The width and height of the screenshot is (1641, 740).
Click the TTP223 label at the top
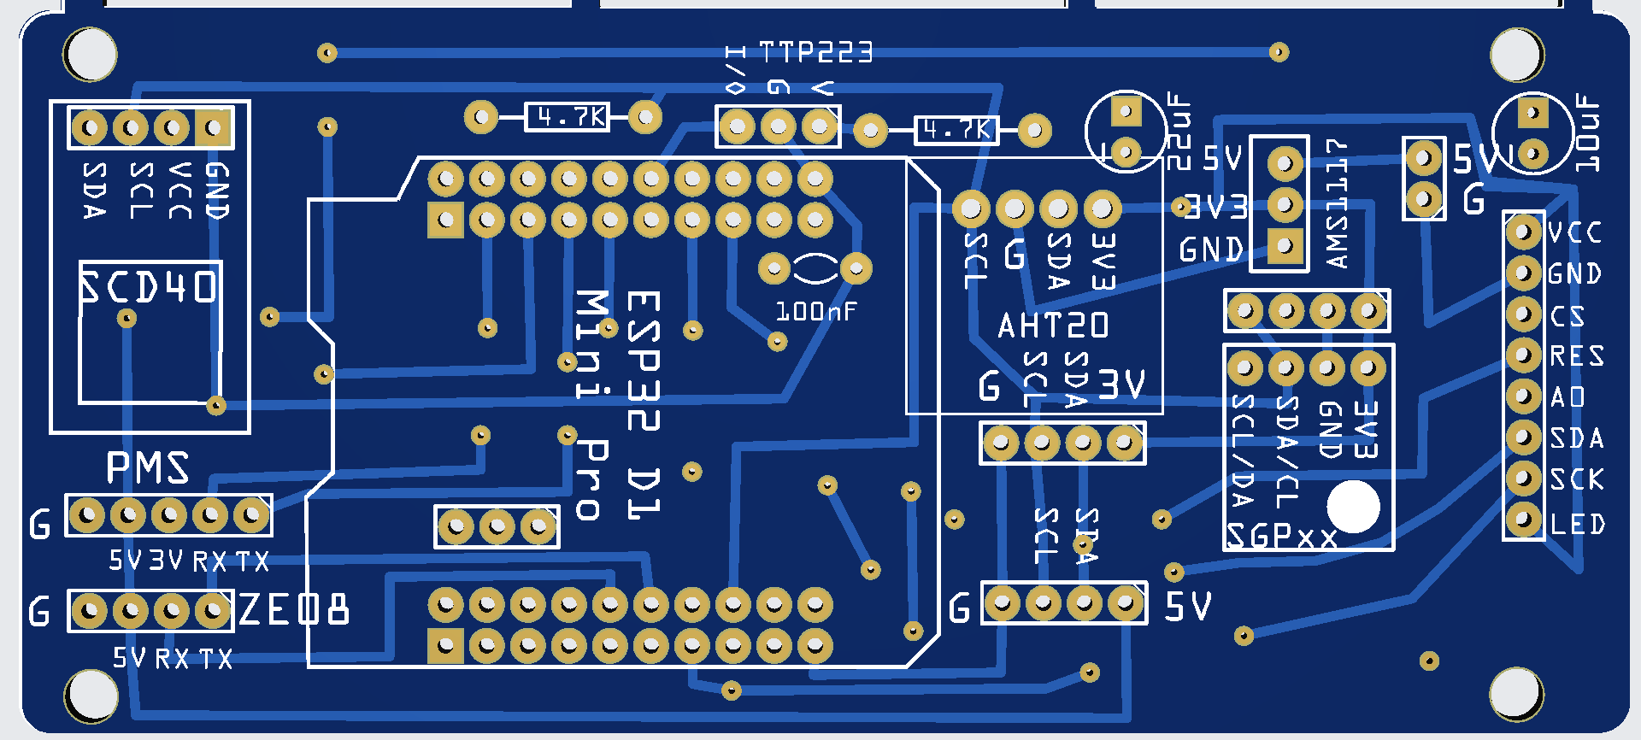(815, 53)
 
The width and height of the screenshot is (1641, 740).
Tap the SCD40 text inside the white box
(150, 287)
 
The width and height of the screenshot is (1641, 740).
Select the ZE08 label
(294, 610)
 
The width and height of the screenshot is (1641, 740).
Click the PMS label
(147, 468)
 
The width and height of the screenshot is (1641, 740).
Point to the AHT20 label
(1053, 326)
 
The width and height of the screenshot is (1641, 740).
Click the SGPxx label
(1281, 537)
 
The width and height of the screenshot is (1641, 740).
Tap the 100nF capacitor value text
(815, 312)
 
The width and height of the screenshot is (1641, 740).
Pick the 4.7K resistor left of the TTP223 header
(566, 116)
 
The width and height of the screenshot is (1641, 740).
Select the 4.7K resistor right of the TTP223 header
(956, 130)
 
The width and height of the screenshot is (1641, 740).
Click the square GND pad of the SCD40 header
(214, 128)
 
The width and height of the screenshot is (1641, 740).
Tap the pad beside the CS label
(1523, 314)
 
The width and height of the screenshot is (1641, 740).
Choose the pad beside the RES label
(1523, 355)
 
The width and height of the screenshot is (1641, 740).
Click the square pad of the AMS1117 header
(1285, 246)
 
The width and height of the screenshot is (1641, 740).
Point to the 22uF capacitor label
(1179, 132)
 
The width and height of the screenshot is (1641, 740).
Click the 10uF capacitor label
(1587, 132)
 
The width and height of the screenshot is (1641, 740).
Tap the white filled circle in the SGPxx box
(1353, 506)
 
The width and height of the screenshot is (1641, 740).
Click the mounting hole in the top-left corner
(91, 54)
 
